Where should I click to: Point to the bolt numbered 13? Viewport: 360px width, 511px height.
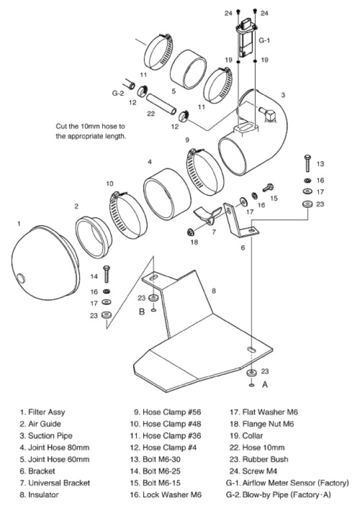click(307, 164)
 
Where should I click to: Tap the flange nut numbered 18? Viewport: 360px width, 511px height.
click(190, 232)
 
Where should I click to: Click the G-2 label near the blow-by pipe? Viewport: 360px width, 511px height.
click(117, 92)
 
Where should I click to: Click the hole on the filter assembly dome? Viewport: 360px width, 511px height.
click(21, 277)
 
